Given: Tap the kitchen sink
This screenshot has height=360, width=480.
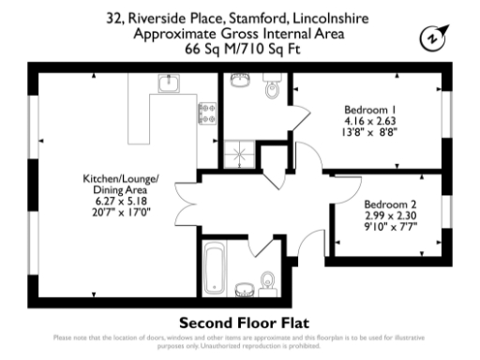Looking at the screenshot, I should pos(170,85).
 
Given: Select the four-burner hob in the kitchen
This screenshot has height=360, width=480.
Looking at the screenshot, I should pos(205,113).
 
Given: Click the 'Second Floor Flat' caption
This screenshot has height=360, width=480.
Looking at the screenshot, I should pos(239,319).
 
